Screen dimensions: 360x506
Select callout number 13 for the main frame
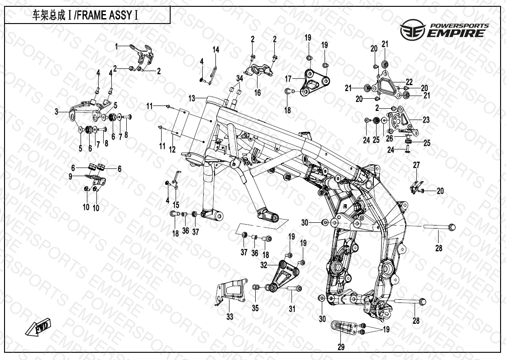pos(191,98)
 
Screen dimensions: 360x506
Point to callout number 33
pos(230,317)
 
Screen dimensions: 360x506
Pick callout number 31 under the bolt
pos(292,309)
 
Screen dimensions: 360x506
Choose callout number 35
pos(255,309)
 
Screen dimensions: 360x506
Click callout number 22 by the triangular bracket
pos(409,82)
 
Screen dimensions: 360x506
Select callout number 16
pos(258,93)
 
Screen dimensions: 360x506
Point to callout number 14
pos(216,49)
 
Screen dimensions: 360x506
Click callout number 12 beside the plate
pos(172,149)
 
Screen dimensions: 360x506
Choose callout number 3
pos(57,111)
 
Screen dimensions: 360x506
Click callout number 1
pos(116,46)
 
